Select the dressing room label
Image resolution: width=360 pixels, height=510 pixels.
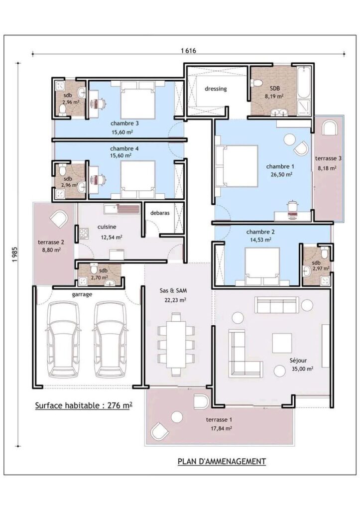point(216,89)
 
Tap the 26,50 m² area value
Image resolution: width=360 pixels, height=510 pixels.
point(282,174)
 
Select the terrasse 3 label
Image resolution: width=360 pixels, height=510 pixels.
point(328,158)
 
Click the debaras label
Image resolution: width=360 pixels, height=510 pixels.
point(160,213)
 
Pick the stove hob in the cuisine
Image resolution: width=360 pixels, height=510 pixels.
point(84,233)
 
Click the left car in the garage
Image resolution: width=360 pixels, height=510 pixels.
point(63,339)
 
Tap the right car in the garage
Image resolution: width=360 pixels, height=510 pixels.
point(110,339)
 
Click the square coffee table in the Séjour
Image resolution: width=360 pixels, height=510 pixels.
point(282,343)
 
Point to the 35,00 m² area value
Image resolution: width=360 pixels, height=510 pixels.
point(302,369)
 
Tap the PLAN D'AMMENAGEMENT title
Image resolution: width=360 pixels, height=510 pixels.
point(222,461)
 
